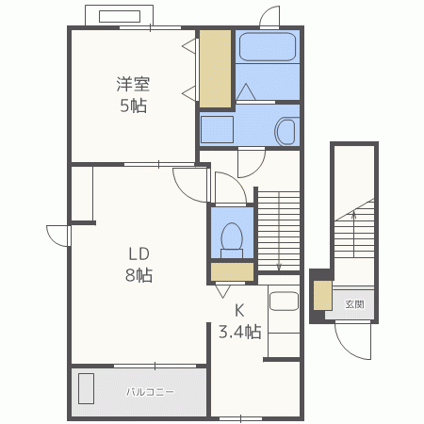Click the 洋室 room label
coord(133,84)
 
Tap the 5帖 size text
coord(134,106)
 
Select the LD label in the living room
coord(139,253)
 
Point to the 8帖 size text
coord(139,275)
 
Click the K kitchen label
coord(239,310)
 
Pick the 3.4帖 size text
coord(240,332)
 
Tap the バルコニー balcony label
coord(150,392)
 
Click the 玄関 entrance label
coord(354,304)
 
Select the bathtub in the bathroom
coord(268,46)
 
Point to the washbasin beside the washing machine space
coord(286,131)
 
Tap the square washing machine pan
coord(217,129)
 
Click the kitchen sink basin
coord(284,302)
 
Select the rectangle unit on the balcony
coord(86,388)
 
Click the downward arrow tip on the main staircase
coord(279,269)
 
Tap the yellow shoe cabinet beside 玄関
coord(322,296)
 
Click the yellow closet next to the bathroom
coord(216,69)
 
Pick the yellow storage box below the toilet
coord(232,271)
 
